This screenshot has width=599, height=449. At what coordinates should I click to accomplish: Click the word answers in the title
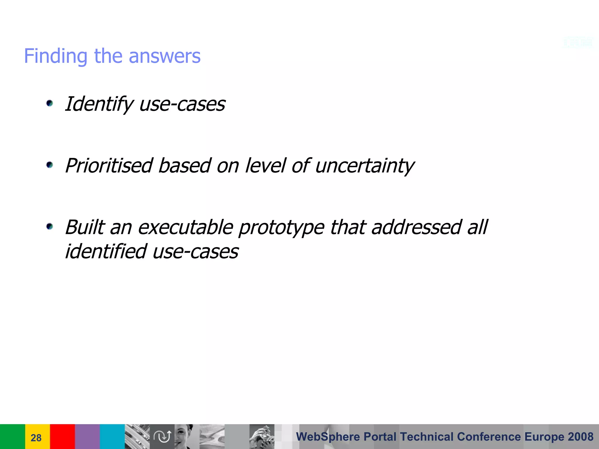click(x=165, y=56)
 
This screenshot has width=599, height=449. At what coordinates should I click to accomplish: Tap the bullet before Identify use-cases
click(x=50, y=103)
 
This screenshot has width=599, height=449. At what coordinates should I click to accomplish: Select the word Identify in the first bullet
click(x=99, y=104)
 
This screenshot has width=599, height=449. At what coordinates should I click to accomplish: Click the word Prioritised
click(x=109, y=166)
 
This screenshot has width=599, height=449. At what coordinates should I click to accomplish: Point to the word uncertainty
click(x=364, y=166)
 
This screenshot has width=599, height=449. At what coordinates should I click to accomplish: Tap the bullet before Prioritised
click(x=50, y=165)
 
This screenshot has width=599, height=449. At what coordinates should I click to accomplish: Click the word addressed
click(x=416, y=227)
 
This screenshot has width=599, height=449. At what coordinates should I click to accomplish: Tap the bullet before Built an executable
click(x=50, y=227)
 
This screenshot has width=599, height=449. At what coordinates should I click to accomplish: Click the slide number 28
click(x=36, y=438)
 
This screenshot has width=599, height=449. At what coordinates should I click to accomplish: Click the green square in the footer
click(x=12, y=436)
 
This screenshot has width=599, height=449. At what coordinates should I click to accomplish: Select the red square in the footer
click(x=62, y=436)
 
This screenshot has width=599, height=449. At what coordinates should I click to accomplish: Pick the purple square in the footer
click(x=87, y=436)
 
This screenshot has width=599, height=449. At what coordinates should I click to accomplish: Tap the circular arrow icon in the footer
click(x=162, y=436)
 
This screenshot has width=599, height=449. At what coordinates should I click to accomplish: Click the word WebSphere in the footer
click(x=328, y=437)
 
